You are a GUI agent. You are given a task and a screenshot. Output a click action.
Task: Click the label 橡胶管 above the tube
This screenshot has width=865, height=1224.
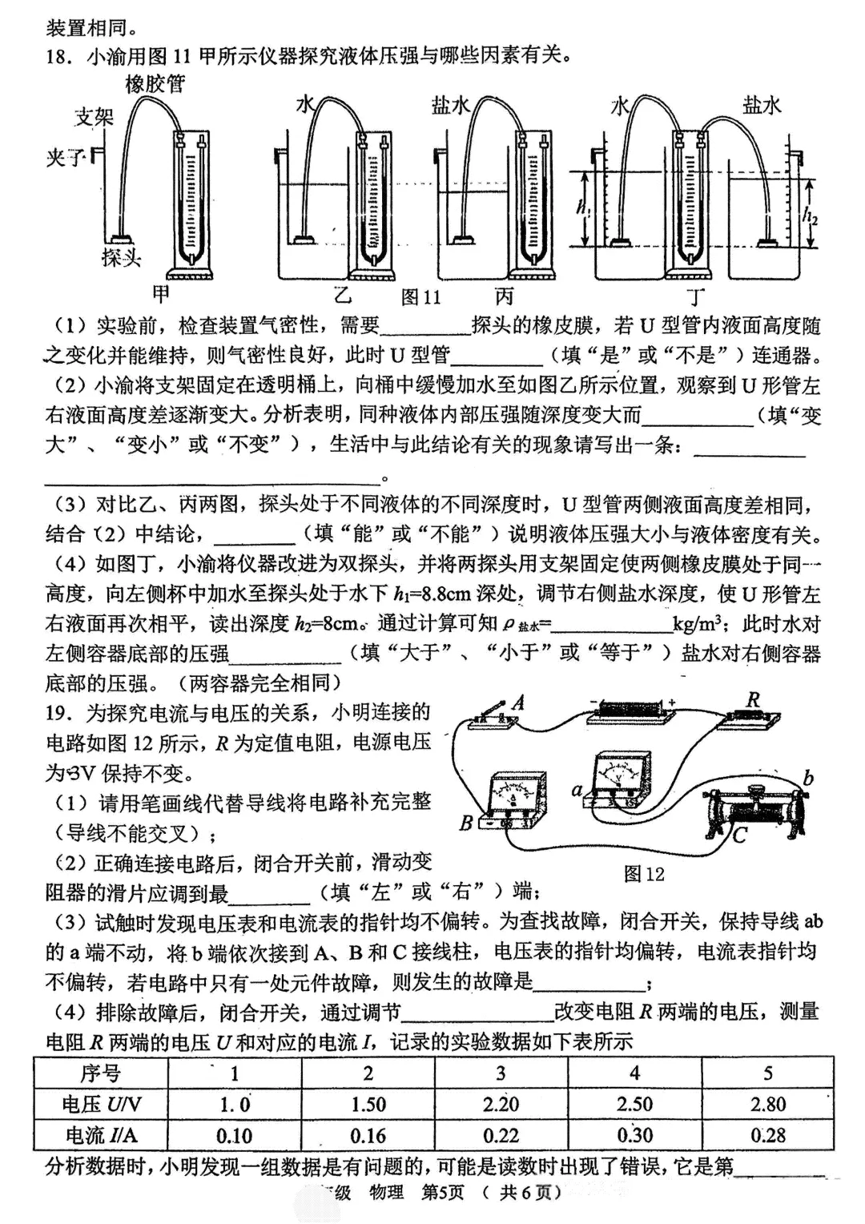(155, 83)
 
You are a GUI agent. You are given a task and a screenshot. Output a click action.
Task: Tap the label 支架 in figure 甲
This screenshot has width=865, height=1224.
(95, 117)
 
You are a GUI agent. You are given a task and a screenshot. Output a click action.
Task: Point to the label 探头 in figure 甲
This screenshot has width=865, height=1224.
(122, 257)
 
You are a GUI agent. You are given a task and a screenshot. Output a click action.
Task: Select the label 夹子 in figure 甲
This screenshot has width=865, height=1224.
(65, 158)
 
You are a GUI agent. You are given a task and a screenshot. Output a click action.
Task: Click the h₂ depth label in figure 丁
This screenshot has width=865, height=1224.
(810, 215)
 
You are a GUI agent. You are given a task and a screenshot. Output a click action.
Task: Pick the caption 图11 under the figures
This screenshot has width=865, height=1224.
(421, 297)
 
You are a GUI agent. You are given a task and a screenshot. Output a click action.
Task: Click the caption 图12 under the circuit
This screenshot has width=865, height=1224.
(644, 873)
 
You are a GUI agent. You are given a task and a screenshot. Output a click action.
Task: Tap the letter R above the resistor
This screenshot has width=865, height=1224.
(753, 700)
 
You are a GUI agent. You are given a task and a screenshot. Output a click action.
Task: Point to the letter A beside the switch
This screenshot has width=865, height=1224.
(518, 703)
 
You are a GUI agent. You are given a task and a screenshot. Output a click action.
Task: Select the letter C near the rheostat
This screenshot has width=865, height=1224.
(738, 835)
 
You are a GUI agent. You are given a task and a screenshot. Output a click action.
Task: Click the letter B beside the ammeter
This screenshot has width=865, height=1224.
(467, 822)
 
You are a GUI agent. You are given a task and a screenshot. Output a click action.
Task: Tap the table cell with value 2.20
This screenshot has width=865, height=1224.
(501, 1105)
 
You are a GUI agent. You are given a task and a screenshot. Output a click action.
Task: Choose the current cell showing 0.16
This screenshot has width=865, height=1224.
(368, 1135)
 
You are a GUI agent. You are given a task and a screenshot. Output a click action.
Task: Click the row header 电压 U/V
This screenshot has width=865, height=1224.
(102, 1105)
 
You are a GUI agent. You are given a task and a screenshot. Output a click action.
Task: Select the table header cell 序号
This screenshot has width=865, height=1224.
(101, 1073)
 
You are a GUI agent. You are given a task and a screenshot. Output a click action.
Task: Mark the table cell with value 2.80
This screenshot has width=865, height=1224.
(767, 1105)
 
